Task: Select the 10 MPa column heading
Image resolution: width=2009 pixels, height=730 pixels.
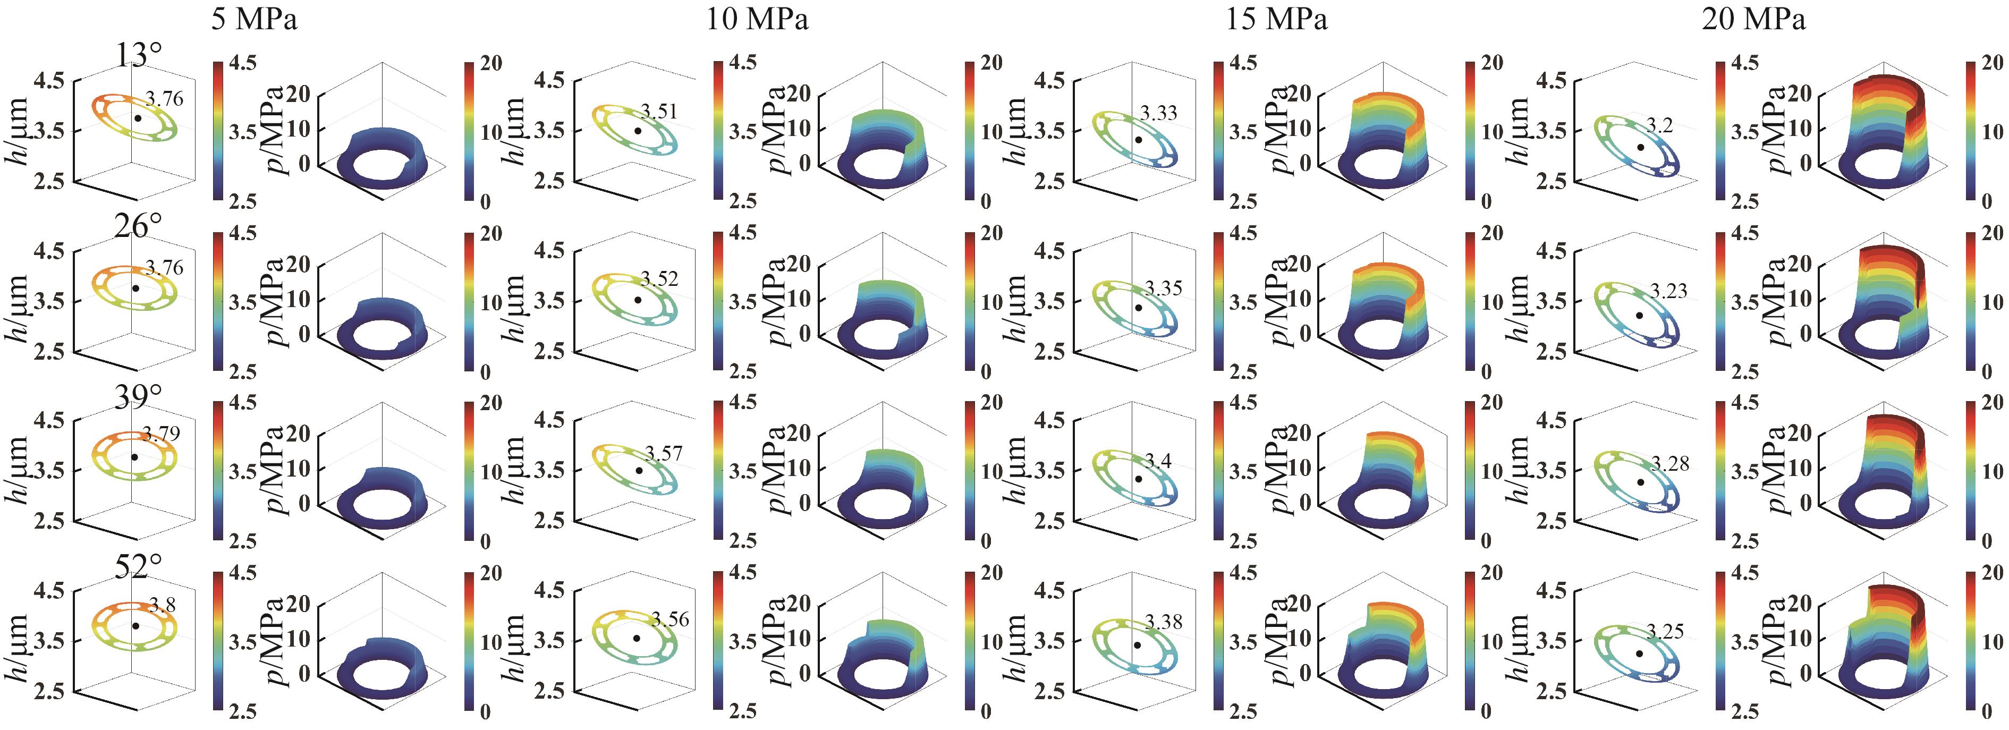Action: pos(757,19)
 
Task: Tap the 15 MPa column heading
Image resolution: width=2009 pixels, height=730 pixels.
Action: pos(1276,19)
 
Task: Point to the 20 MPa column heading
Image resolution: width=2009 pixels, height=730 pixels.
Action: pos(1753,19)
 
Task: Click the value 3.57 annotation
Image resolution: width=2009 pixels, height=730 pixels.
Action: pos(663,453)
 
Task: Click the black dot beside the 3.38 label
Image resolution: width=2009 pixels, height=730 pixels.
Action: pos(1138,645)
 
